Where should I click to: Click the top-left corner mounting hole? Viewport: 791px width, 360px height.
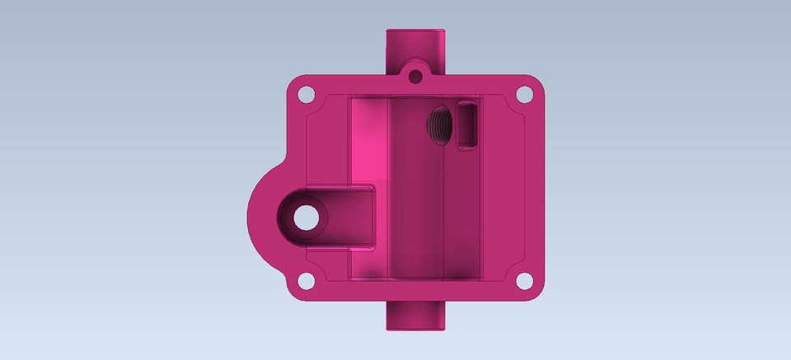(306, 94)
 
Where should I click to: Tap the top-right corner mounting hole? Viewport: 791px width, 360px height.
(524, 94)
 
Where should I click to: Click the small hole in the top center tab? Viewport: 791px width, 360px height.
(415, 77)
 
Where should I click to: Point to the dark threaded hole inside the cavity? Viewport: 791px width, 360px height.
(440, 124)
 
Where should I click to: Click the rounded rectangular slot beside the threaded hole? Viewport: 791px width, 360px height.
(467, 124)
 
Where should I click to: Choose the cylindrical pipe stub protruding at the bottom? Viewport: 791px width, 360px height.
(414, 316)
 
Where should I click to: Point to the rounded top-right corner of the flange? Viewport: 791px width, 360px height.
(536, 82)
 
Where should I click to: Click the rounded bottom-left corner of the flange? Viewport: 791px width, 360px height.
(295, 292)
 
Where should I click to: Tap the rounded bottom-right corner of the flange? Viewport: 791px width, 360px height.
(536, 292)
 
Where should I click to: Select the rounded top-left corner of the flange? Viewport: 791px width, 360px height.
(295, 82)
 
